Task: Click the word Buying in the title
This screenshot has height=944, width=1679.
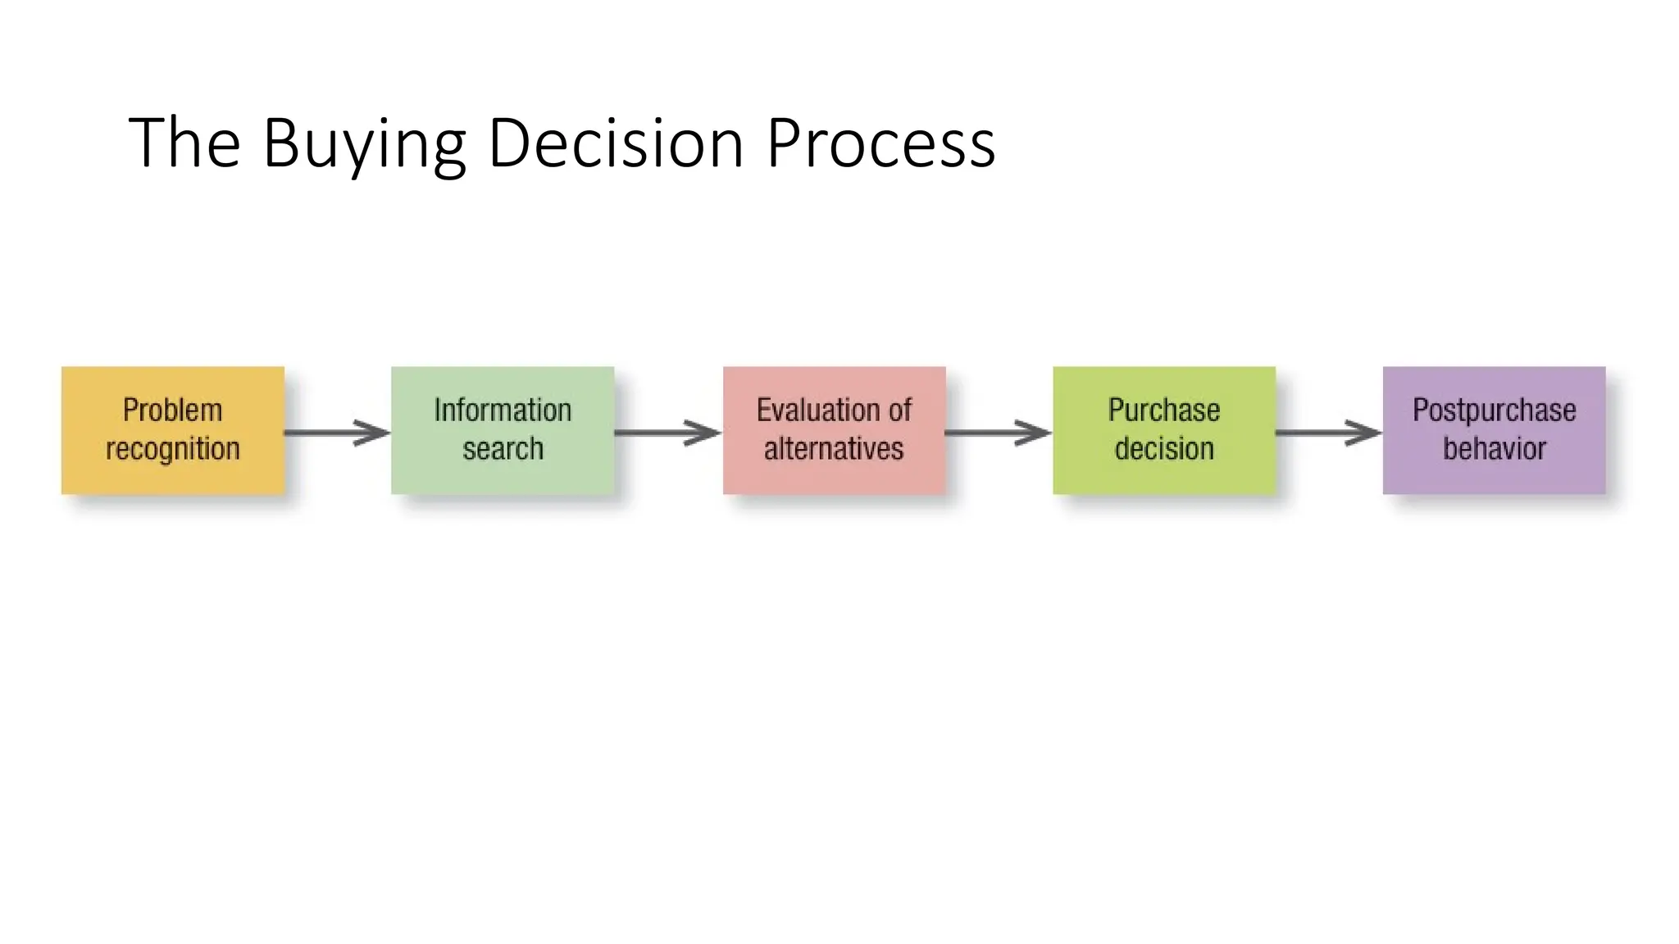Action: pyautogui.click(x=364, y=143)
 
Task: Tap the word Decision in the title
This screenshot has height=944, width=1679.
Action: pyautogui.click(x=615, y=143)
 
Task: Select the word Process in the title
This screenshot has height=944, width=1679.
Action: pyautogui.click(x=880, y=143)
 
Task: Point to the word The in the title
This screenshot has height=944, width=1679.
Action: pyautogui.click(x=184, y=143)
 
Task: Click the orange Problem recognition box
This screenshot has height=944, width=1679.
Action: pyautogui.click(x=173, y=430)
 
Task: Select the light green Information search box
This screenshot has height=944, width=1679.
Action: pyautogui.click(x=503, y=430)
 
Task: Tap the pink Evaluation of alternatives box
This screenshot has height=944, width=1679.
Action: pyautogui.click(x=834, y=430)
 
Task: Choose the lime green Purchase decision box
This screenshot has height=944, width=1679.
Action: pyautogui.click(x=1164, y=430)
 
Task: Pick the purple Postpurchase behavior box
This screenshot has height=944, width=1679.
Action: pyautogui.click(x=1494, y=430)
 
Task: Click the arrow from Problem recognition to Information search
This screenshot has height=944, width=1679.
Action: pyautogui.click(x=337, y=433)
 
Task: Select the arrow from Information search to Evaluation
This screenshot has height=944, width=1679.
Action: pyautogui.click(x=667, y=433)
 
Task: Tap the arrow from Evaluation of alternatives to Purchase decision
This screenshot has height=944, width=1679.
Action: pyautogui.click(x=998, y=433)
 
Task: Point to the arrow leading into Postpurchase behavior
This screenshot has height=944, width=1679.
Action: pyautogui.click(x=1328, y=433)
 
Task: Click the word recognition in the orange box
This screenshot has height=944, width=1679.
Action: pyautogui.click(x=173, y=449)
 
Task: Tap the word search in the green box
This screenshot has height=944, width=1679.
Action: pyautogui.click(x=503, y=449)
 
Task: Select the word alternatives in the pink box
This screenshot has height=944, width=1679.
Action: pyautogui.click(x=834, y=449)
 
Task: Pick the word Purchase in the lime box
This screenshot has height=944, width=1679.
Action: pyautogui.click(x=1164, y=410)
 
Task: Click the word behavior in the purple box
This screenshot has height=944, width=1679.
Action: pyautogui.click(x=1494, y=449)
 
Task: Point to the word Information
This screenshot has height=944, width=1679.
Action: pyautogui.click(x=503, y=410)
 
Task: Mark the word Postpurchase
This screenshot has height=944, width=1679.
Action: pyautogui.click(x=1494, y=410)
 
